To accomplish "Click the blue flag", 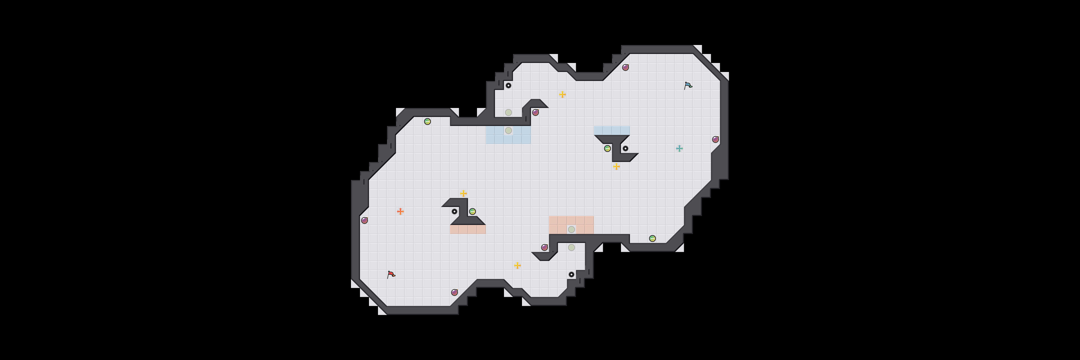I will click(x=688, y=85).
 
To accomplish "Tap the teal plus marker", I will click(x=679, y=148).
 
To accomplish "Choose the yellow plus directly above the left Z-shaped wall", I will click(x=463, y=193).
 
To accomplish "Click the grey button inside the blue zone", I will click(x=508, y=130).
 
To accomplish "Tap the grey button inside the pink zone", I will click(x=571, y=229).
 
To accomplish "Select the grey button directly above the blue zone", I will click(x=508, y=112).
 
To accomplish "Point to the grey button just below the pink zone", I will click(x=571, y=247).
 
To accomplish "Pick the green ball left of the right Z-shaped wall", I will click(x=607, y=148).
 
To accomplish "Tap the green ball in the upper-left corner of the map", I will click(x=427, y=121).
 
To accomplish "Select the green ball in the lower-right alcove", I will click(x=652, y=238).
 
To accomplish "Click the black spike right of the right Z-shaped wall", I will click(x=625, y=148).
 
